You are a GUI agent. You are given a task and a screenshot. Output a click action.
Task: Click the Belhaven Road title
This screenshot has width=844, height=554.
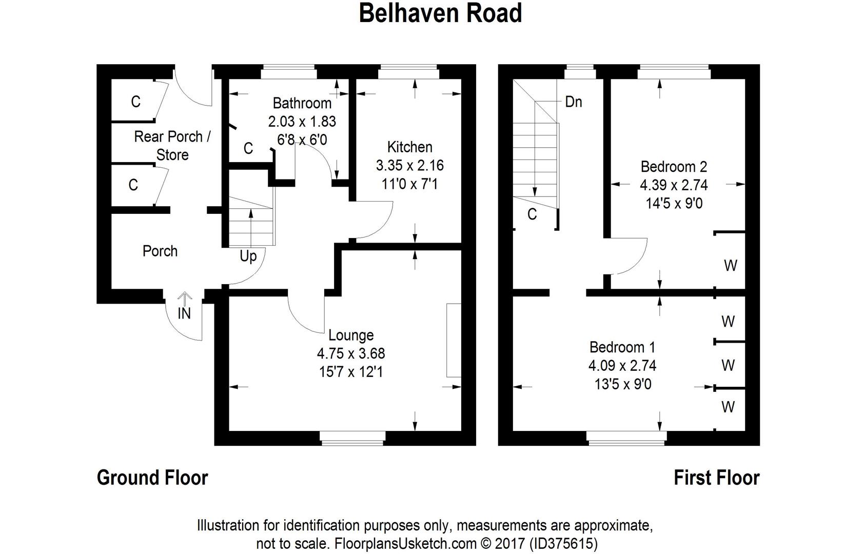click(440, 13)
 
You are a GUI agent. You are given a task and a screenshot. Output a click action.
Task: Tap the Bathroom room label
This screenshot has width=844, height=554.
click(302, 103)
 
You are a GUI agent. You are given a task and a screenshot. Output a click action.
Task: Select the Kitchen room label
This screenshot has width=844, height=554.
click(409, 147)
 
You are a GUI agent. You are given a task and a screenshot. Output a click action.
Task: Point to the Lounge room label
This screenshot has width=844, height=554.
click(351, 335)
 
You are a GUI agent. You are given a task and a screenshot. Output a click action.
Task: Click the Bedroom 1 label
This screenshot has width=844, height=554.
click(622, 347)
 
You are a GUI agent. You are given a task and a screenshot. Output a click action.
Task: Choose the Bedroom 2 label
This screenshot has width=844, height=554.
click(674, 167)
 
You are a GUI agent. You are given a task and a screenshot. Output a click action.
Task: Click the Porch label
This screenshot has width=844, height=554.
click(160, 251)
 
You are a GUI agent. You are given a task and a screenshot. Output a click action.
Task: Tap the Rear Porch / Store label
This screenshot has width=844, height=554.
click(172, 146)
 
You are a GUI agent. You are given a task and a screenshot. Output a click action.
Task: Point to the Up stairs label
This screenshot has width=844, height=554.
click(248, 256)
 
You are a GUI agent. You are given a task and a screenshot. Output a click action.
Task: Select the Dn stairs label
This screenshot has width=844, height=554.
click(573, 102)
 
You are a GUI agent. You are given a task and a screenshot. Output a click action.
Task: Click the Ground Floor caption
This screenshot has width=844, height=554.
click(152, 478)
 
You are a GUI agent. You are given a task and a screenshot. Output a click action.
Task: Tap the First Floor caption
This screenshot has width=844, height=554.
click(716, 478)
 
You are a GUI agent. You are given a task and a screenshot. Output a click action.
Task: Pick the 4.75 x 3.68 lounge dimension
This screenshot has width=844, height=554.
click(351, 353)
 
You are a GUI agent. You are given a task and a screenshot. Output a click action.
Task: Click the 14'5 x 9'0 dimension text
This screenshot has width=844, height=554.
click(674, 204)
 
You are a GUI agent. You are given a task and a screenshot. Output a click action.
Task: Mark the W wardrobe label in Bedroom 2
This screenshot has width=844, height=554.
click(730, 266)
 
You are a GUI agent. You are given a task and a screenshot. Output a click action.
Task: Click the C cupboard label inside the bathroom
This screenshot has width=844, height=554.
click(248, 149)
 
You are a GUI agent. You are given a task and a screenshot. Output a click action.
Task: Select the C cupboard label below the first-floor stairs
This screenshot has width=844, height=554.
click(532, 214)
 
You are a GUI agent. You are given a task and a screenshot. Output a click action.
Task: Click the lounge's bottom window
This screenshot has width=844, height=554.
click(352, 436)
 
